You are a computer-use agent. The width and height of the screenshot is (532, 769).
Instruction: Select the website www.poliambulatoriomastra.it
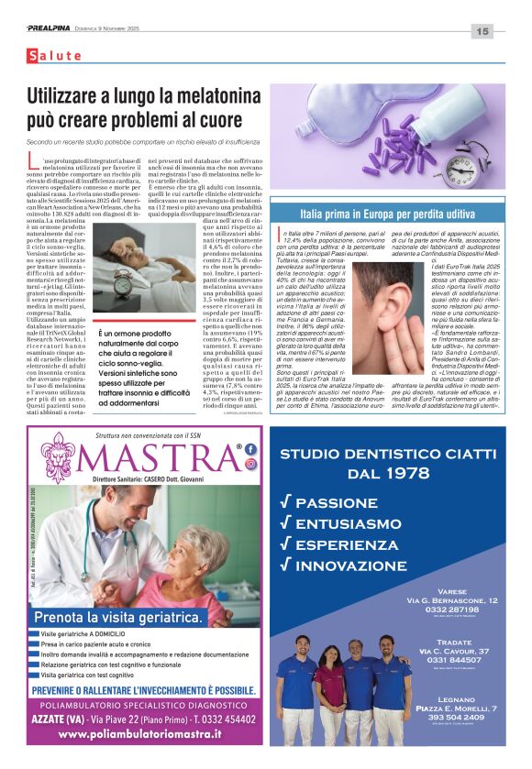(x=147, y=733)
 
